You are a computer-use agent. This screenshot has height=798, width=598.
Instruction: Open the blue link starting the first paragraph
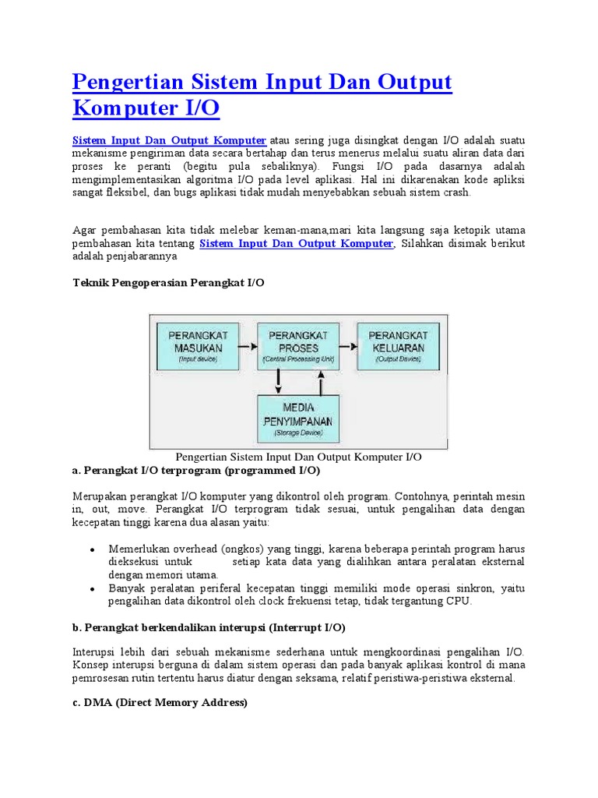point(169,140)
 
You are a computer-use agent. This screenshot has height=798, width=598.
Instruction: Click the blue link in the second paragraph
point(297,243)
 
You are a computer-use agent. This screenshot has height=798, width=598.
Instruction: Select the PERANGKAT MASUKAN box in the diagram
point(198,345)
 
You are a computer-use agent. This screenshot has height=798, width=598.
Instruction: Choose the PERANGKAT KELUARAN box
point(398,345)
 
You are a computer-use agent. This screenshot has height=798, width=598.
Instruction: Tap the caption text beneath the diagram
point(298,457)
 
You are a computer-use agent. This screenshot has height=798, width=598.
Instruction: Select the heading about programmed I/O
point(195,471)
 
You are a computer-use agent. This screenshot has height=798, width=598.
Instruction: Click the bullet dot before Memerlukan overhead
point(93,549)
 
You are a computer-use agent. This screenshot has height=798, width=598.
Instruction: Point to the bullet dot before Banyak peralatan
point(93,588)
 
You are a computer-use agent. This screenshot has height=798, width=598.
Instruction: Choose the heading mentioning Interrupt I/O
point(209,627)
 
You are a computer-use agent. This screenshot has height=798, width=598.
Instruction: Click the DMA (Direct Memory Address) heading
point(160,702)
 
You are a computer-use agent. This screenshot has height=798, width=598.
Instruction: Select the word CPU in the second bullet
point(459,601)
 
